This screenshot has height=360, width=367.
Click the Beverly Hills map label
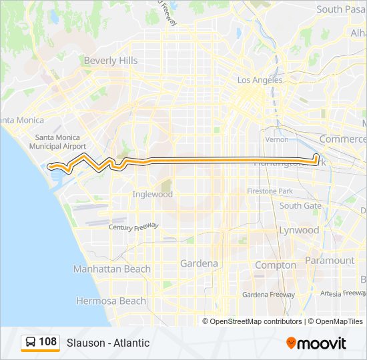(x=110, y=61)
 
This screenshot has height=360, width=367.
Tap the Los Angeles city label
(x=260, y=80)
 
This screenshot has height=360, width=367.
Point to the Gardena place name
(x=199, y=263)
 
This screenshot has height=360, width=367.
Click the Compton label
(x=276, y=265)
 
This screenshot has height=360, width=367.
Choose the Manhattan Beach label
(x=111, y=269)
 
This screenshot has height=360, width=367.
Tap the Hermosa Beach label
(x=111, y=301)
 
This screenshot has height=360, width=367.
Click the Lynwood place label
(x=299, y=230)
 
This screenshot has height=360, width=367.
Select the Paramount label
(x=330, y=260)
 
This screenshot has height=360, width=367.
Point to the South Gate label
(x=300, y=205)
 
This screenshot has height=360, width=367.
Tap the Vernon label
(x=277, y=139)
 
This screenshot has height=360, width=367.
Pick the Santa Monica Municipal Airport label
(x=61, y=141)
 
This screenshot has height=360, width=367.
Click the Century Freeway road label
(x=133, y=226)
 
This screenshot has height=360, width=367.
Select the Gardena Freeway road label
(x=268, y=294)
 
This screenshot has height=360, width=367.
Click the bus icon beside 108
(x=30, y=343)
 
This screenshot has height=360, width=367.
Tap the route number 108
(x=48, y=342)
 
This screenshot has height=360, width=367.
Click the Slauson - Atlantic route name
(x=108, y=343)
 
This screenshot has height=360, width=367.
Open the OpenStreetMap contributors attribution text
(x=256, y=321)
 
